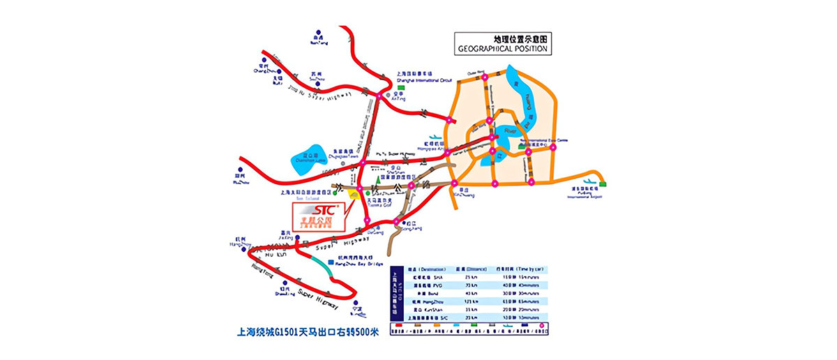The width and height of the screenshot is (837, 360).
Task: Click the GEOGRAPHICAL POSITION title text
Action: [503, 50]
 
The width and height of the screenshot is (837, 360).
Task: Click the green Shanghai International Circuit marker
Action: [401, 87]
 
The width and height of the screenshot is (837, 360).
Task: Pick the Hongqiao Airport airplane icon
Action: [433, 137]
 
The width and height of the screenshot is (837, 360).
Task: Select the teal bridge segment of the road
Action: [322, 263]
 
